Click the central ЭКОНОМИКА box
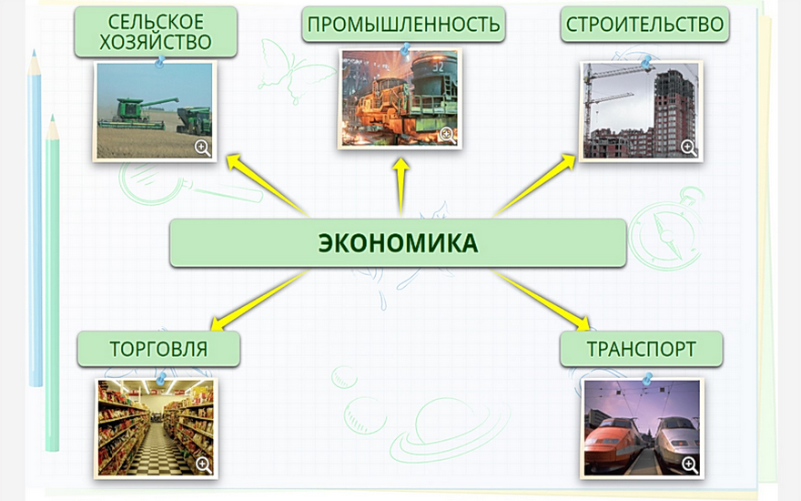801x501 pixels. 398,243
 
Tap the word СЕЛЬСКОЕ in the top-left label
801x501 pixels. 156,22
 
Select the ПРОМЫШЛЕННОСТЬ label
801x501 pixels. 403,24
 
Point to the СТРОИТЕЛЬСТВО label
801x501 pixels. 644,24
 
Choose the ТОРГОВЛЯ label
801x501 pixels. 159,349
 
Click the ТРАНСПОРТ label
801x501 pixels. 641,349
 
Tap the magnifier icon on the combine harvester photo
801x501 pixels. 202,148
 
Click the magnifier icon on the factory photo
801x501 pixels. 448,135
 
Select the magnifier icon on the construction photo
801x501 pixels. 689,148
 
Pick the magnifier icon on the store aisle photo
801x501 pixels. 204,465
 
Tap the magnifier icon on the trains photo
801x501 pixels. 690,465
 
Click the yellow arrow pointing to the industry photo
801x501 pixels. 401,187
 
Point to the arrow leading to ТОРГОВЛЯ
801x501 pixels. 259,300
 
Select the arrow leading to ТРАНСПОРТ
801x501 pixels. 542,300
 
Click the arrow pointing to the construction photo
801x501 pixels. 534,185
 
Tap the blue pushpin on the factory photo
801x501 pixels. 406,49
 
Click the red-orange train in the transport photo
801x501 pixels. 612,444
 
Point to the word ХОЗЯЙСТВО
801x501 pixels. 156,43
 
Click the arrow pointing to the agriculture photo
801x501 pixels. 268,185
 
